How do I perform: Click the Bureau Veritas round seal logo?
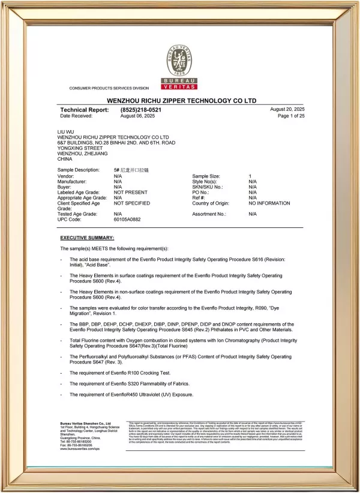181,60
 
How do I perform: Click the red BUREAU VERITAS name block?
181,84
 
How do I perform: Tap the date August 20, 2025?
287,109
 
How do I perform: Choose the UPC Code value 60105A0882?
127,220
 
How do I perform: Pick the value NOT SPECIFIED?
132,203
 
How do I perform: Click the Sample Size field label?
206,175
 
